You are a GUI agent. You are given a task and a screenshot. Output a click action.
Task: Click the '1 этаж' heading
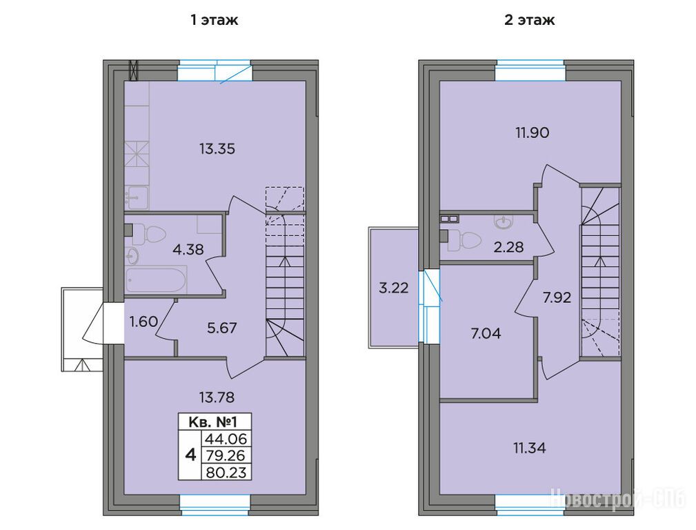pos(214,20)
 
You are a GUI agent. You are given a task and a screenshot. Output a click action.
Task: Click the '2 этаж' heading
pos(529,20)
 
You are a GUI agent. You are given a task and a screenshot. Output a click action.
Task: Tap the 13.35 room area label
pos(217,149)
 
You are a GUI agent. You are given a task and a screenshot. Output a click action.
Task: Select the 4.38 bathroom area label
pos(188,250)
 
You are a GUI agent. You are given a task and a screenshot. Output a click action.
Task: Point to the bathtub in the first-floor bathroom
pos(156,280)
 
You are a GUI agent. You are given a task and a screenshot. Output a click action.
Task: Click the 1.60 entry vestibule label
pos(143,321)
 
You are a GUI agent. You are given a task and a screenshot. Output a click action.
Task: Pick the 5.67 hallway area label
pos(222,328)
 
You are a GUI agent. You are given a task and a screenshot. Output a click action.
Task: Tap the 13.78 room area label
pos(217,397)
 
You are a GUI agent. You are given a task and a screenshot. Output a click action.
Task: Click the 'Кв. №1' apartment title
pos(215,422)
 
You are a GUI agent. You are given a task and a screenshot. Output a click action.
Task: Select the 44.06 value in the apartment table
pos(226,439)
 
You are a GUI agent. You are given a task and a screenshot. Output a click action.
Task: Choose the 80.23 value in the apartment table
pos(226,472)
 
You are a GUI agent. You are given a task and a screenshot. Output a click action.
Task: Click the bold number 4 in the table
pos(190,455)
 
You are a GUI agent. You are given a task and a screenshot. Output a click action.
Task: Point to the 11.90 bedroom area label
pos(533,132)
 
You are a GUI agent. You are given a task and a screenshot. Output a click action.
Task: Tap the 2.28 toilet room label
pos(508,247)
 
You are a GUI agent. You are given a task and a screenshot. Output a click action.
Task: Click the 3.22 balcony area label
pos(393,288)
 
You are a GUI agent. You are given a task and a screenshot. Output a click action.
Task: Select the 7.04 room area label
pos(486,333)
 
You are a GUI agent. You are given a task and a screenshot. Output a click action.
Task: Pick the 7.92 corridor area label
pos(557,297)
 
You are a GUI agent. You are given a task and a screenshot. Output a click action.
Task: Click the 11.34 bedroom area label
pos(530,448)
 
